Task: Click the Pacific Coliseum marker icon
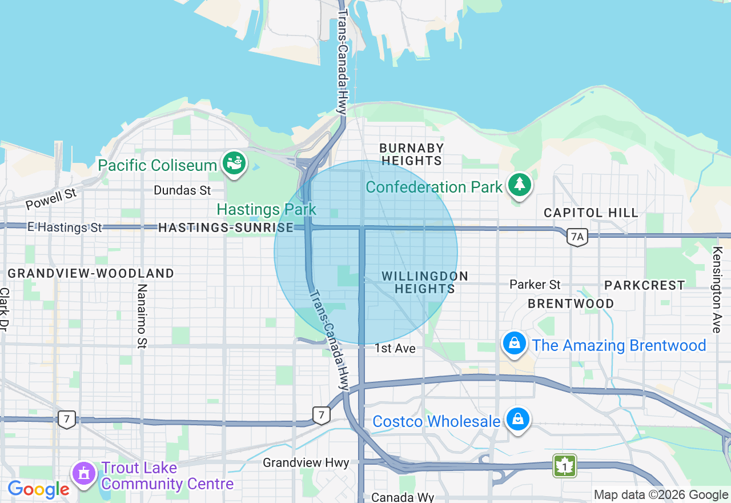234,163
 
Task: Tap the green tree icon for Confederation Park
519,185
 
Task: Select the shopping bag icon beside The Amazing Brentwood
515,344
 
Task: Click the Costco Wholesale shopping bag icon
518,420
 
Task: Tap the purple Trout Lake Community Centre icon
85,473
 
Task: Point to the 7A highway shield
577,236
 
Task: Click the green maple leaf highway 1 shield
564,466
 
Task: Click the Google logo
38,489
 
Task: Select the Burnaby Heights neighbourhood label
411,154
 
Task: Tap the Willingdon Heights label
425,282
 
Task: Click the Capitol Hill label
591,213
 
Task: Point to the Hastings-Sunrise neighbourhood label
226,227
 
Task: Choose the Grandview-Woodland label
91,273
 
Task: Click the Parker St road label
535,284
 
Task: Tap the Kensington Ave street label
717,289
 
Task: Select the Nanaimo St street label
142,316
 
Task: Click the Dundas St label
182,190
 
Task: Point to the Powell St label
51,199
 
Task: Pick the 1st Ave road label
395,348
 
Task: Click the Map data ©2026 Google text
661,494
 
